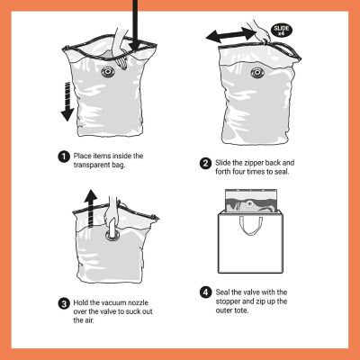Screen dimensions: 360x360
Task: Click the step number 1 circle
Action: pyautogui.click(x=64, y=156)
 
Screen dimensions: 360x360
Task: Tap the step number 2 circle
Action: pyautogui.click(x=205, y=164)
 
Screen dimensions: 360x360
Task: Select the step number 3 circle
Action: pyautogui.click(x=64, y=302)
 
